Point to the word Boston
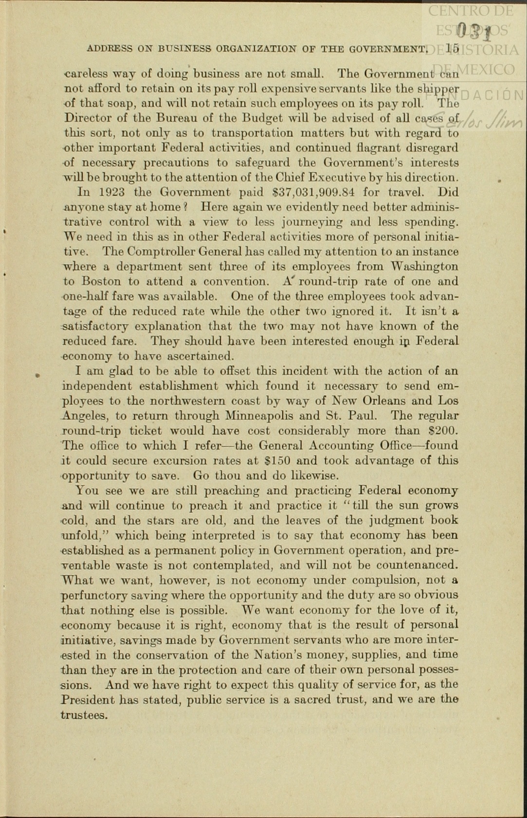pyautogui.click(x=101, y=282)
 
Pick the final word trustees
pyautogui.click(x=83, y=715)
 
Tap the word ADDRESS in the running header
pyautogui.click(x=109, y=49)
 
